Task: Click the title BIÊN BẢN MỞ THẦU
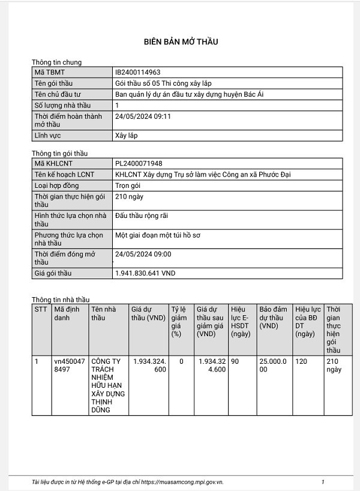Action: pos(181,41)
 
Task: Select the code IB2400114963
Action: pos(137,72)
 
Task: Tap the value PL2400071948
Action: pos(138,163)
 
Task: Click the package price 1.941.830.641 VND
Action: pos(145,273)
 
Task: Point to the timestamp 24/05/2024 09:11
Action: pos(143,116)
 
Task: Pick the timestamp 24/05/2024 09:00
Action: pos(143,254)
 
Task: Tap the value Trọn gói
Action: pos(127,185)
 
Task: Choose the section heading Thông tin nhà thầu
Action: pos(60,300)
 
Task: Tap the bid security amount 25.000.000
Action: pos(273,366)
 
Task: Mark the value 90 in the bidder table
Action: pos(235,361)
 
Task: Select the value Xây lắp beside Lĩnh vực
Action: pos(126,135)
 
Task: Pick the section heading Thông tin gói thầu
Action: pos(59,153)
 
